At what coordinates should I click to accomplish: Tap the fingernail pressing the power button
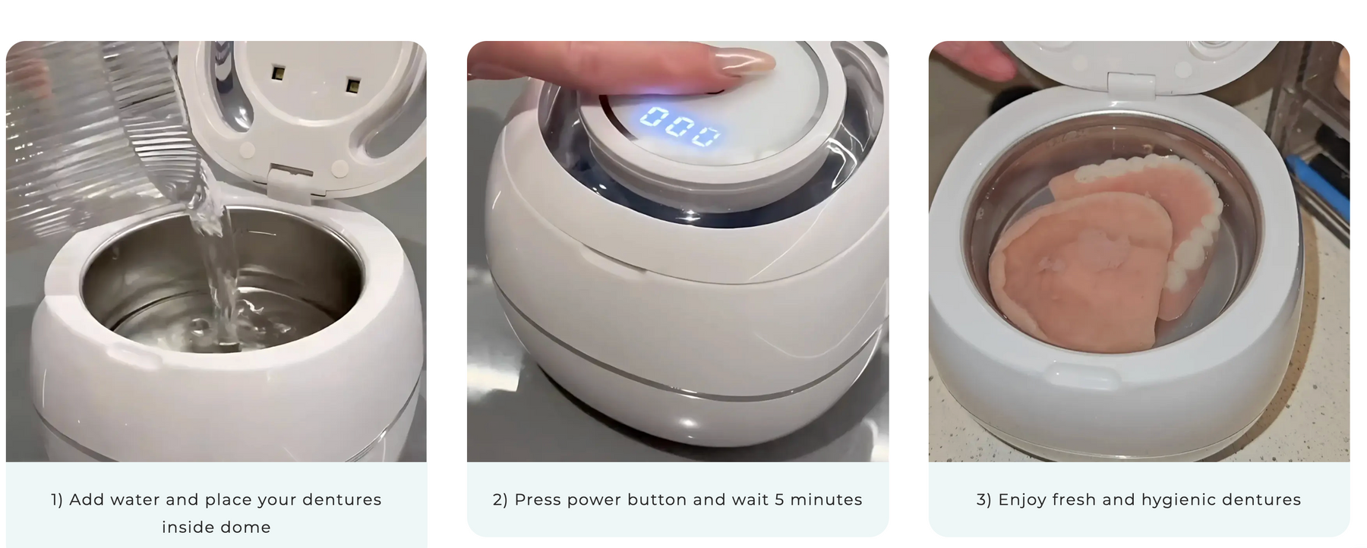click(x=747, y=61)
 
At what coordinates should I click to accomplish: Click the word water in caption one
click(x=136, y=499)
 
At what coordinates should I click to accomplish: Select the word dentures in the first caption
click(x=342, y=499)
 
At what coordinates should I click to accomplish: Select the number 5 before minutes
click(x=779, y=499)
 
